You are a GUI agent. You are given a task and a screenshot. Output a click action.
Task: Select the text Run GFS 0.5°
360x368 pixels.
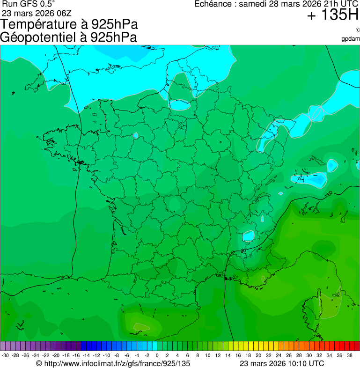pos(29,4)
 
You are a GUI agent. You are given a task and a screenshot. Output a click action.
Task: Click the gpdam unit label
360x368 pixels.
pos(351,38)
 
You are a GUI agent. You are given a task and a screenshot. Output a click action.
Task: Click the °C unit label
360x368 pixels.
pos(357,30)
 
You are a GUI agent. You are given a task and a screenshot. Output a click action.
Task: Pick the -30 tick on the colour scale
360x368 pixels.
pos(5,355)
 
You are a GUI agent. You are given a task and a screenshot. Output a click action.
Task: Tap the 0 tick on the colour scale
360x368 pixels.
pos(157,355)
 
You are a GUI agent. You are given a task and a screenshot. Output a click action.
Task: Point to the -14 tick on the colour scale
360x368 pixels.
pos(86,355)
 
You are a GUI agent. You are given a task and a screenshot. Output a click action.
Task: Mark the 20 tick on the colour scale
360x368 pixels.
pos(258,355)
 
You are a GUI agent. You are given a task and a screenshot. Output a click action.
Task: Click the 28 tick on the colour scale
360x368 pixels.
pos(299,355)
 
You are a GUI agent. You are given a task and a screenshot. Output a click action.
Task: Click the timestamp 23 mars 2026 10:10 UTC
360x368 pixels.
pos(281,363)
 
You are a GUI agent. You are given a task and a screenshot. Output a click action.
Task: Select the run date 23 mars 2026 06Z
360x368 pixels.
pos(37,13)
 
